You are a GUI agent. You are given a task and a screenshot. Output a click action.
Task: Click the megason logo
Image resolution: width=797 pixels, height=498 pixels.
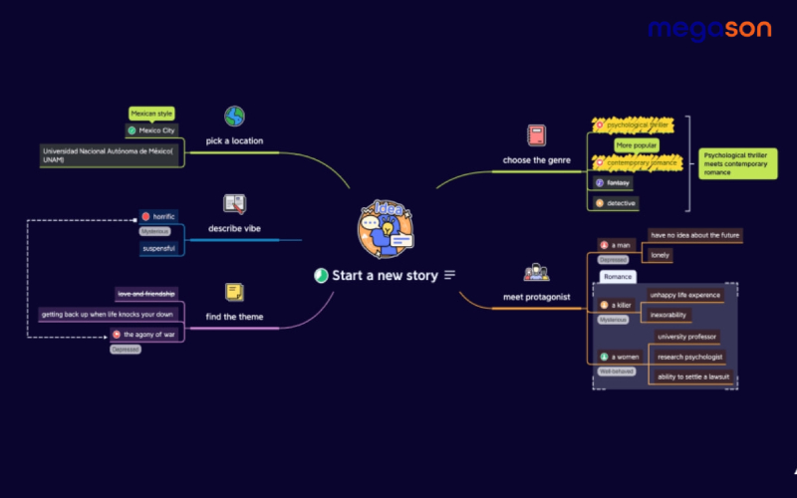[x=708, y=30]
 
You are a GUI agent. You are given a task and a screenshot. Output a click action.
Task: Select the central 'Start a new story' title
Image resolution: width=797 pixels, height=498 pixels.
[x=385, y=275]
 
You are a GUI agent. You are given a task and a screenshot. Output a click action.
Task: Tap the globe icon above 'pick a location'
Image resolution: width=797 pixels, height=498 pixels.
[x=234, y=117]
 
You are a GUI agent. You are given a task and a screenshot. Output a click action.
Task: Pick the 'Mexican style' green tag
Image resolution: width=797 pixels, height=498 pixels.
[x=151, y=114]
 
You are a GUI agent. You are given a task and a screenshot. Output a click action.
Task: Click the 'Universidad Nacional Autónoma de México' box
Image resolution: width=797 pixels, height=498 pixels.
[x=110, y=154]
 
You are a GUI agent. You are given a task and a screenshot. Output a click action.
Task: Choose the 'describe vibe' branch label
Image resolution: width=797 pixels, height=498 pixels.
[x=234, y=229]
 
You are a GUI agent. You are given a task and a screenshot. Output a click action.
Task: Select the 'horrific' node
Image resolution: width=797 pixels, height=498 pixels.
[x=159, y=216]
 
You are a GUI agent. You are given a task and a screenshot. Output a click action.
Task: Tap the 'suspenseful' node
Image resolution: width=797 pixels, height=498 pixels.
[x=158, y=248]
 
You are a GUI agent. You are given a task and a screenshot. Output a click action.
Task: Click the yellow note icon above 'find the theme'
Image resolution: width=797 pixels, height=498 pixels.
[x=234, y=292]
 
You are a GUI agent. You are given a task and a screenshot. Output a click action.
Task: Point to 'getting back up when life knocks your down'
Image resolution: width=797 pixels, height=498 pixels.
[x=107, y=314]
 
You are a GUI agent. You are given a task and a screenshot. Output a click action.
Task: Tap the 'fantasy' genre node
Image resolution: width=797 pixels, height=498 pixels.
[x=619, y=183]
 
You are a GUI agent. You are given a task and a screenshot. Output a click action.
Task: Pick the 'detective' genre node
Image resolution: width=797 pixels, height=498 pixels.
[x=621, y=203]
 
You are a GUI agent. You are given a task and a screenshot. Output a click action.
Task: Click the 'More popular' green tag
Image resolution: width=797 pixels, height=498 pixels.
[x=637, y=145]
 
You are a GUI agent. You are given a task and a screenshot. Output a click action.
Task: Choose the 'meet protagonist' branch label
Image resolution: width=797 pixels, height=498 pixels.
[x=536, y=296]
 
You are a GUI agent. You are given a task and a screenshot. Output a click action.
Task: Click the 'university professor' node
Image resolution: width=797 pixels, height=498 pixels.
[x=686, y=337]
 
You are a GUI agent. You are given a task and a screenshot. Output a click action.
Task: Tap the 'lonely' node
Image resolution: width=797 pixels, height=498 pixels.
[x=661, y=255]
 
